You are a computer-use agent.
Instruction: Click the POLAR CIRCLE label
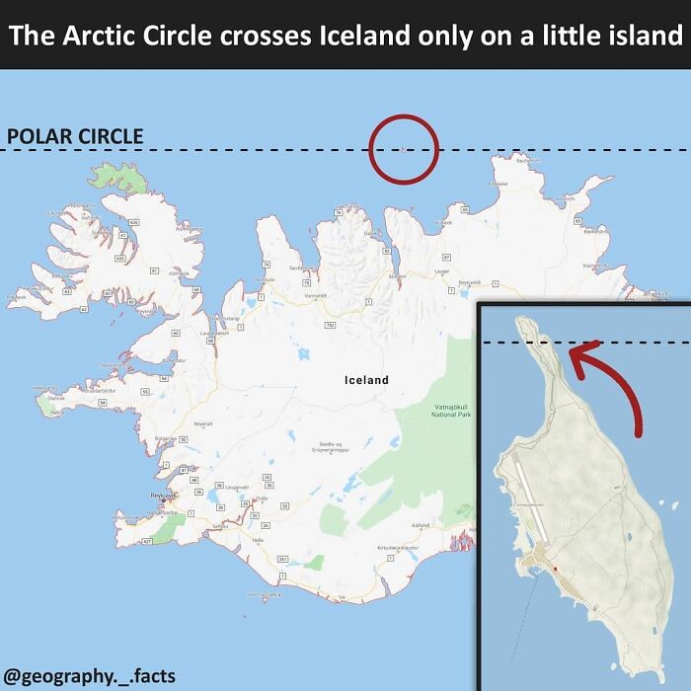click(75, 137)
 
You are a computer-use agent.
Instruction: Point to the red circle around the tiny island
click(403, 149)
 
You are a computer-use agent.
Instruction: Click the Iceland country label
click(366, 379)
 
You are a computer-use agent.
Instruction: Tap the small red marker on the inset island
click(555, 570)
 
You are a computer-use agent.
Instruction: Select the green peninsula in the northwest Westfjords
click(124, 178)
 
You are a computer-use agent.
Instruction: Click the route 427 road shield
click(147, 542)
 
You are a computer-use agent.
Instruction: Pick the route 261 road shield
click(282, 559)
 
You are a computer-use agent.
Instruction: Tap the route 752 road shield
click(330, 324)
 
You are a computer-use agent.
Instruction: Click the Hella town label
click(259, 540)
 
